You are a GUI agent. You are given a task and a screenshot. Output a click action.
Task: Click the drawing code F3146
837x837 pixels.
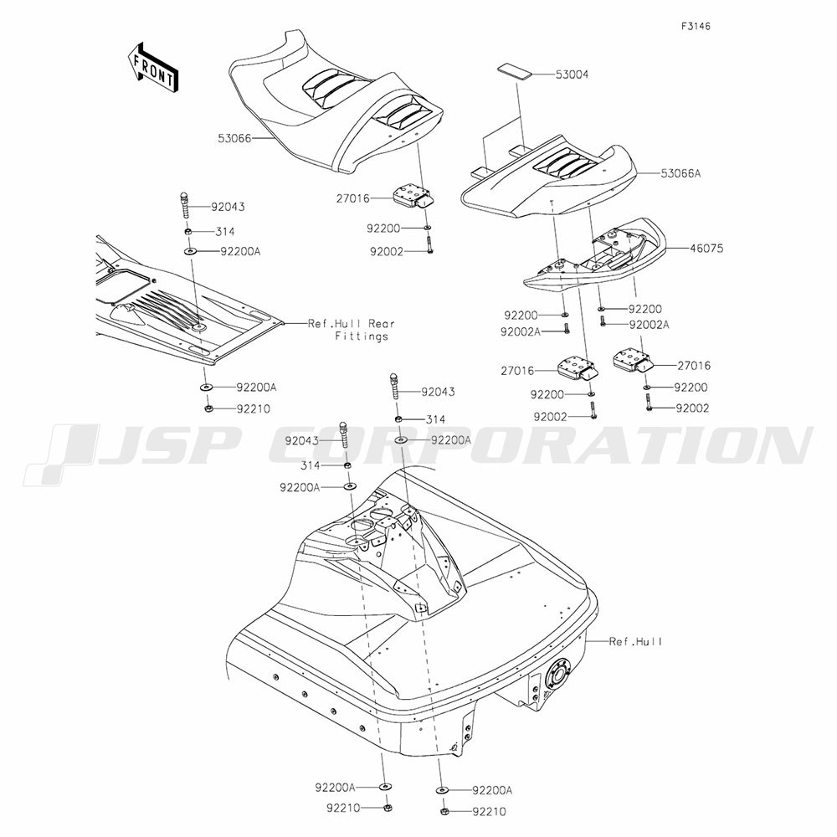coord(696,26)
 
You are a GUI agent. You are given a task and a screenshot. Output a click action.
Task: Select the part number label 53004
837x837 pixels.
coord(572,74)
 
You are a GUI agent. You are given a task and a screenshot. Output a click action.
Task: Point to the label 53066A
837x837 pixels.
coord(680,173)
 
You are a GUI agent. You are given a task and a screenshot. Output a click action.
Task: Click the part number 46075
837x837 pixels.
coord(706,249)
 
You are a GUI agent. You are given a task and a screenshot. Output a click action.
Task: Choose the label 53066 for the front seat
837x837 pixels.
coord(234,139)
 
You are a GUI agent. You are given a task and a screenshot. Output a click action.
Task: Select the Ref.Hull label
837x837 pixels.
coord(635,641)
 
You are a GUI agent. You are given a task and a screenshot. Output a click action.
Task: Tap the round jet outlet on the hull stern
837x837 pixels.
coord(557,675)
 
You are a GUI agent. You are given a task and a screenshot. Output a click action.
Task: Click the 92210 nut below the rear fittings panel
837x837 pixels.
coord(208,408)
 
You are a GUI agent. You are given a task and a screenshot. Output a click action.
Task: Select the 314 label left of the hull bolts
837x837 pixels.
coord(311,465)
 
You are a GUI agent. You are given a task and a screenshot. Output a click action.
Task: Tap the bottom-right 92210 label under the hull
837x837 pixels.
coord(490,813)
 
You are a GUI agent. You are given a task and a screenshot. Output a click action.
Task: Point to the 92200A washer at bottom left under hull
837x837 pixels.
coord(384,786)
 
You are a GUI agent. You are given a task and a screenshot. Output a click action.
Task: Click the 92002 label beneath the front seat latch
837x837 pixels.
coord(387,251)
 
